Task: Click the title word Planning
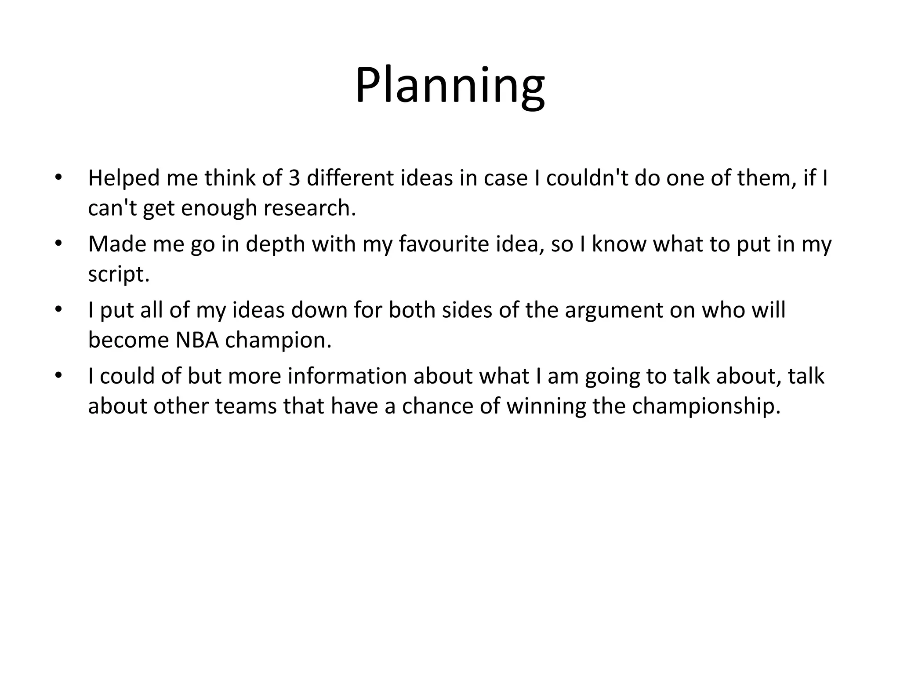(450, 86)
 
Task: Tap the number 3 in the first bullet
(294, 178)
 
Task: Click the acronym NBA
(197, 340)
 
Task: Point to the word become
(128, 340)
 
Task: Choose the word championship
(706, 406)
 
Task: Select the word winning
(546, 406)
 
